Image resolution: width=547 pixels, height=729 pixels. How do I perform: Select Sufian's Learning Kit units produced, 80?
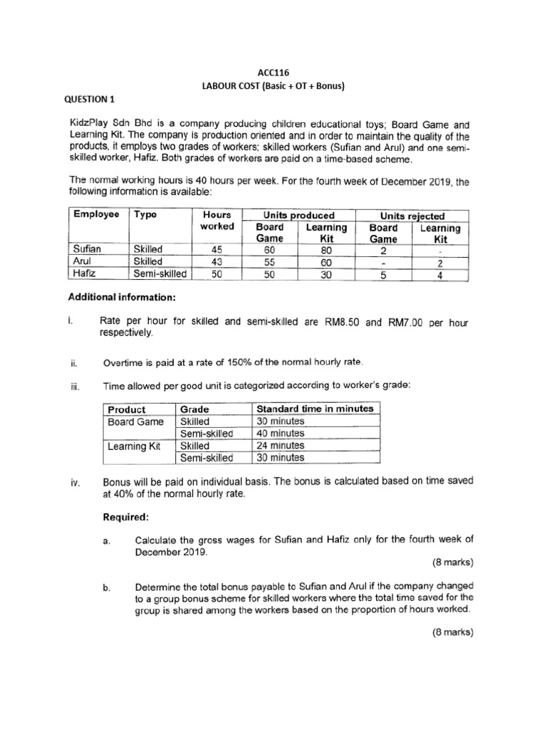pyautogui.click(x=326, y=249)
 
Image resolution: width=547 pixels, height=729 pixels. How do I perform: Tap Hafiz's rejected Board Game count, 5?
pyautogui.click(x=383, y=274)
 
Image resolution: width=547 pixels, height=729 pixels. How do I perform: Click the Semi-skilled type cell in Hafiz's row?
pyautogui.click(x=160, y=273)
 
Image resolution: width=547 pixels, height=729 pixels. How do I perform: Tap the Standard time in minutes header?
pyautogui.click(x=314, y=409)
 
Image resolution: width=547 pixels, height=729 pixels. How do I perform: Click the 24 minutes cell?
pyautogui.click(x=280, y=446)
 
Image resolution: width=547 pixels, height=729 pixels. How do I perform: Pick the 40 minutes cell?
pyautogui.click(x=280, y=433)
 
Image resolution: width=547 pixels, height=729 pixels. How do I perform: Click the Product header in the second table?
pyautogui.click(x=127, y=409)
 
